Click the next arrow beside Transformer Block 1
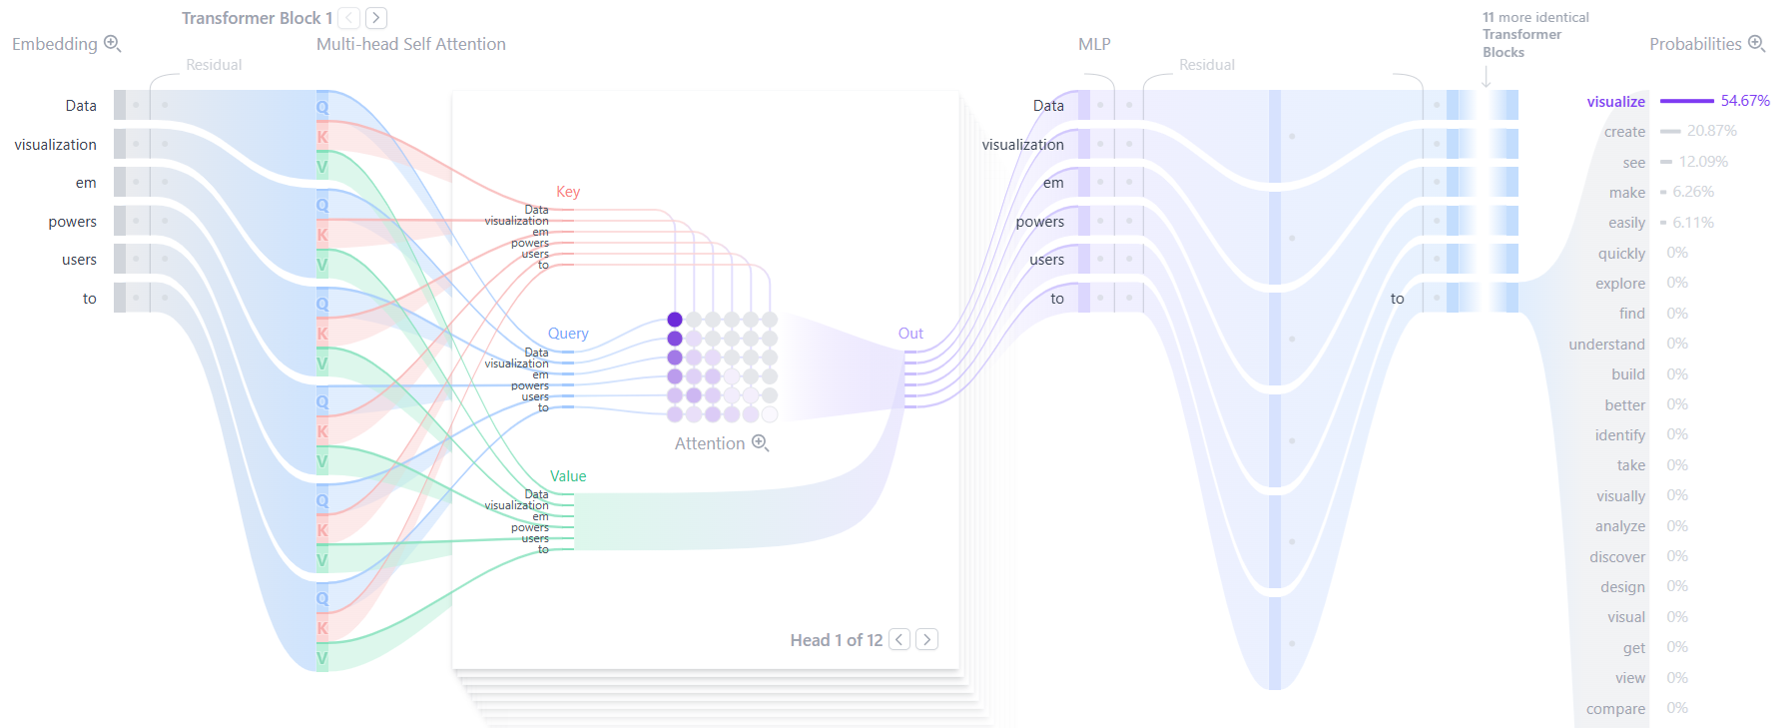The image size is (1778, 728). pyautogui.click(x=375, y=18)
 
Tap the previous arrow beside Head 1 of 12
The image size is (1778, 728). pyautogui.click(x=899, y=639)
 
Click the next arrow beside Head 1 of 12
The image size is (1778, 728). pyautogui.click(x=926, y=639)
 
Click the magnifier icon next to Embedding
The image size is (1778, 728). pyautogui.click(x=113, y=44)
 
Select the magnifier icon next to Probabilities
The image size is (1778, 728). pyautogui.click(x=1757, y=44)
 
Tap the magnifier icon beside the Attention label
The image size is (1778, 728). pyautogui.click(x=760, y=442)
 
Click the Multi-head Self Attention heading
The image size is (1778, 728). pyautogui.click(x=410, y=44)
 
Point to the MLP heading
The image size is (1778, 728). pyautogui.click(x=1094, y=44)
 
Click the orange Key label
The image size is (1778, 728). pyautogui.click(x=568, y=192)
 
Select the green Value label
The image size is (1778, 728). pyautogui.click(x=568, y=476)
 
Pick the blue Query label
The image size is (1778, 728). pyautogui.click(x=568, y=334)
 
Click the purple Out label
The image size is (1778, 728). pyautogui.click(x=910, y=334)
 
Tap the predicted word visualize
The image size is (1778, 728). pyautogui.click(x=1615, y=102)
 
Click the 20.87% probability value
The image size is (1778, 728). pyautogui.click(x=1711, y=131)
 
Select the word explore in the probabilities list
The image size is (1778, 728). pyautogui.click(x=1619, y=284)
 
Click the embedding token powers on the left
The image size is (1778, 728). pyautogui.click(x=72, y=222)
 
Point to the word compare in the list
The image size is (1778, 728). pyautogui.click(x=1615, y=709)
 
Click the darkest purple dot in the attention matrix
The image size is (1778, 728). pyautogui.click(x=675, y=320)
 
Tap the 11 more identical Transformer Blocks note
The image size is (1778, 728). pyautogui.click(x=1534, y=35)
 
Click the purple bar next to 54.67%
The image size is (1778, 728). pyautogui.click(x=1686, y=101)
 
